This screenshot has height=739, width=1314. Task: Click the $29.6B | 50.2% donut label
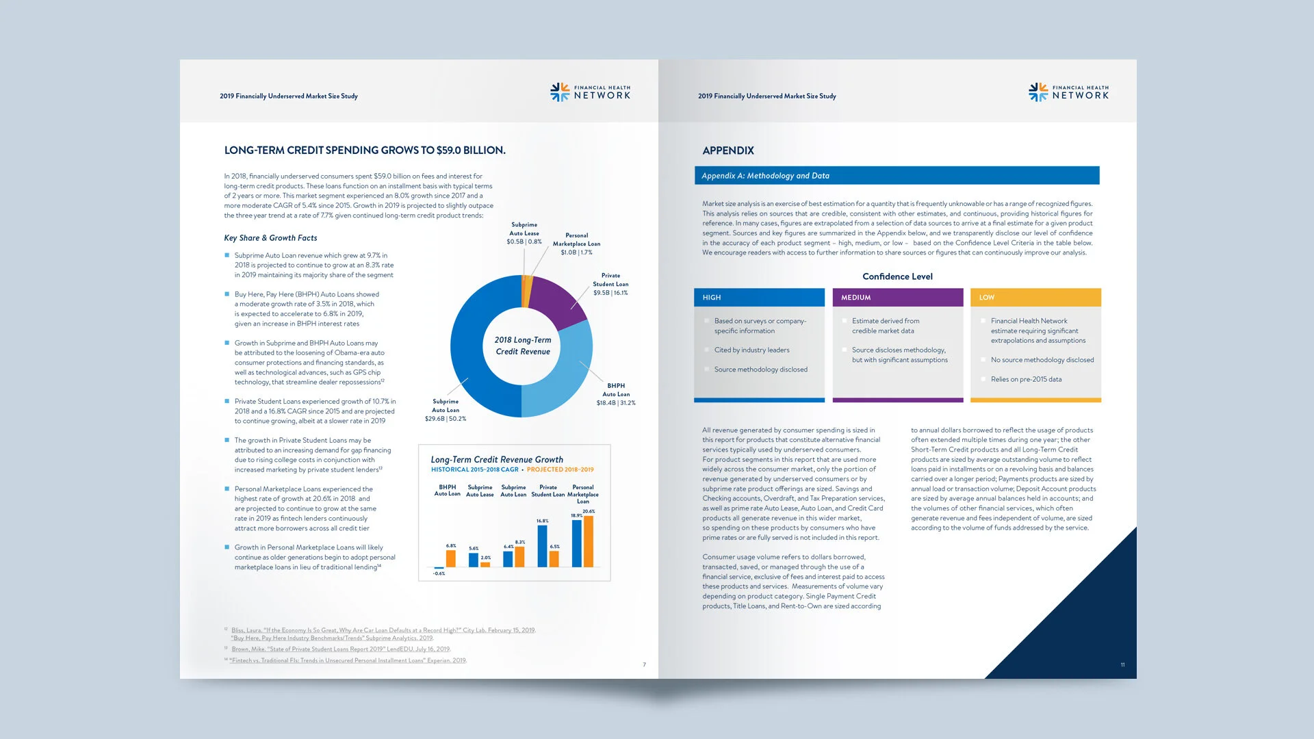coord(446,419)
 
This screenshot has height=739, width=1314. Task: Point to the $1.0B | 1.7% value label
coord(576,252)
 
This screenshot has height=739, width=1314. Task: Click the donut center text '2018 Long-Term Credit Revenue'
coord(523,346)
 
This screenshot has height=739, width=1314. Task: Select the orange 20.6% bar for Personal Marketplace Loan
coord(589,541)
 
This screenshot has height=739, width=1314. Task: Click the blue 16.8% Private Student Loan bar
coord(543,546)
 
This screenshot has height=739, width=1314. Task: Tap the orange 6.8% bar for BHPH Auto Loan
coord(451,558)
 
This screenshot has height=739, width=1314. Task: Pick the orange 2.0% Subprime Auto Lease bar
coord(485,565)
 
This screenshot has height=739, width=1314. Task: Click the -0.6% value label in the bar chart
coord(439,573)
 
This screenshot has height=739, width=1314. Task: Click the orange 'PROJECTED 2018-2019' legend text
coord(561,470)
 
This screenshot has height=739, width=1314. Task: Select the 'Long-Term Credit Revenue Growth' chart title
coord(497,460)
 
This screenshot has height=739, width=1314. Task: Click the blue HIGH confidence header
coord(759,298)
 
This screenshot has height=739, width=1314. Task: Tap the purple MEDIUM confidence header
coord(898,298)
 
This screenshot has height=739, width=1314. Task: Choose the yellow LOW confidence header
coord(1035,298)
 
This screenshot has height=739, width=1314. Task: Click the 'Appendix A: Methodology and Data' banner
coord(897,176)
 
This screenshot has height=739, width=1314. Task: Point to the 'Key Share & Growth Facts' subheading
coord(270,238)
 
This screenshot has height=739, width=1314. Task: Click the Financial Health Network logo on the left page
coord(590,92)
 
